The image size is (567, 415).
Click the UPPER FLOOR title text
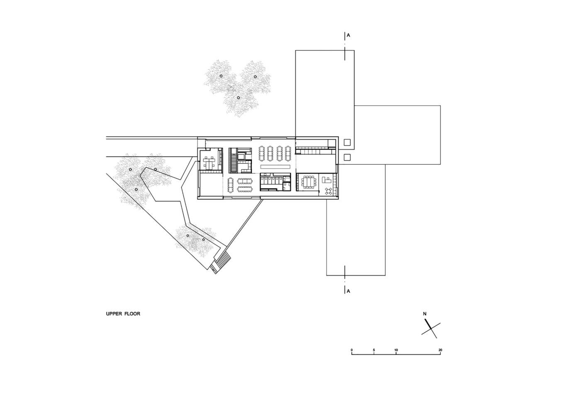pyautogui.click(x=123, y=314)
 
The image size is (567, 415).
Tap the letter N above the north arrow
pyautogui.click(x=425, y=314)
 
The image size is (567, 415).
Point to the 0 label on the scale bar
pyautogui.click(x=352, y=350)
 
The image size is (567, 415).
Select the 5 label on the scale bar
pyautogui.click(x=374, y=350)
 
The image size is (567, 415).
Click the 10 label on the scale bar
pyautogui.click(x=396, y=350)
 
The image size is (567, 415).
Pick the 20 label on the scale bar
pyautogui.click(x=440, y=350)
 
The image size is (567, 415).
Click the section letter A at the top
pyautogui.click(x=348, y=35)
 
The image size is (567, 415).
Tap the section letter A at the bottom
pyautogui.click(x=348, y=291)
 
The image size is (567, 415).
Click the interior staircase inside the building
pyautogui.click(x=234, y=161)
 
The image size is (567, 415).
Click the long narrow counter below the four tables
pyautogui.click(x=275, y=166)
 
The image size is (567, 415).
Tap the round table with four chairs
pyautogui.click(x=329, y=191)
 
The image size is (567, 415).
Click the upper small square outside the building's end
pyautogui.click(x=347, y=142)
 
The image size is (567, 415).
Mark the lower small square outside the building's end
pyautogui.click(x=347, y=157)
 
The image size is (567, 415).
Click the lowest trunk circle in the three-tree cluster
pyautogui.click(x=238, y=98)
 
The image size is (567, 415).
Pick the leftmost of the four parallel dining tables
pyautogui.click(x=261, y=153)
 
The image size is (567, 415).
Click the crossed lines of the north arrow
pyautogui.click(x=431, y=329)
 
